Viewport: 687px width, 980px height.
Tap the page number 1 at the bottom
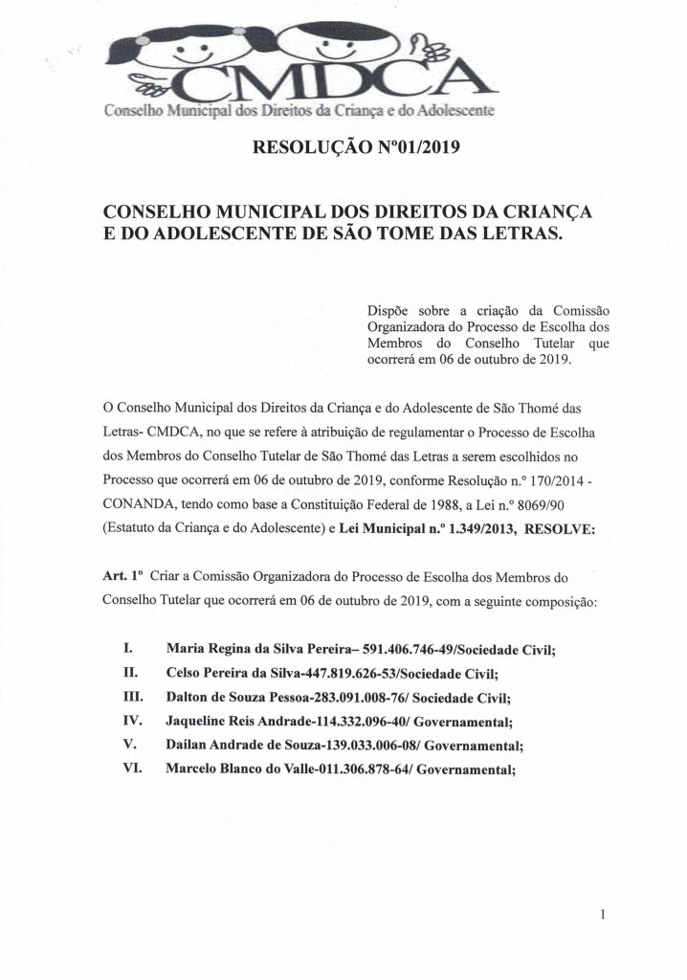click(604, 916)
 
